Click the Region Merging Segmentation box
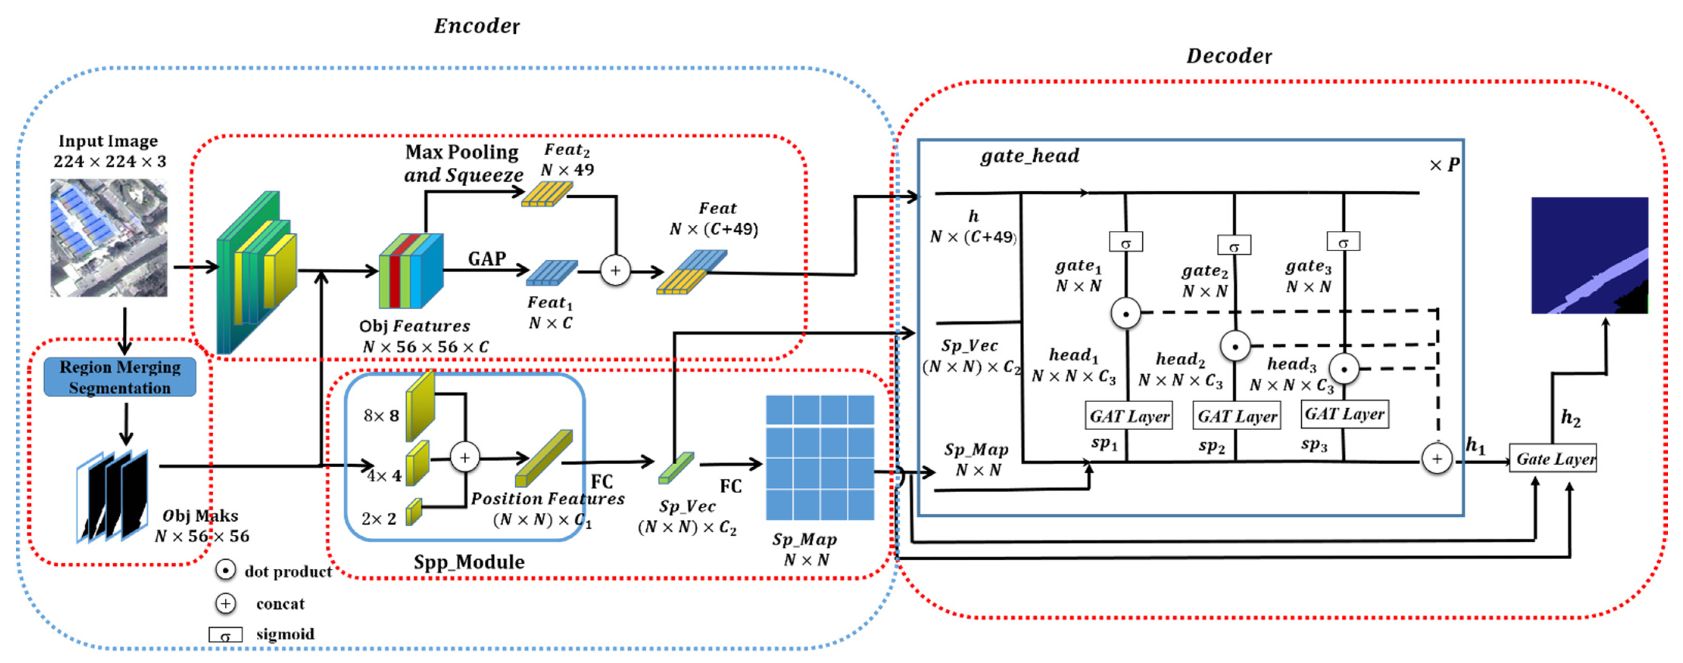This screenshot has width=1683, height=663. click(120, 377)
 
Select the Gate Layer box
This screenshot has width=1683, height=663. click(1554, 459)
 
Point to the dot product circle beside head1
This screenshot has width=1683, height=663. click(1126, 314)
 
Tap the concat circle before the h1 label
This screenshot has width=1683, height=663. click(1436, 459)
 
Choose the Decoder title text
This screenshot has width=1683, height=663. click(1228, 56)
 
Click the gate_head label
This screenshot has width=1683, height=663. click(1029, 156)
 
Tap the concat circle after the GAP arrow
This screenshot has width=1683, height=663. click(615, 271)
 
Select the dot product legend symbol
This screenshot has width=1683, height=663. click(225, 570)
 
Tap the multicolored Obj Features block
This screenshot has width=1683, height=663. click(411, 271)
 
